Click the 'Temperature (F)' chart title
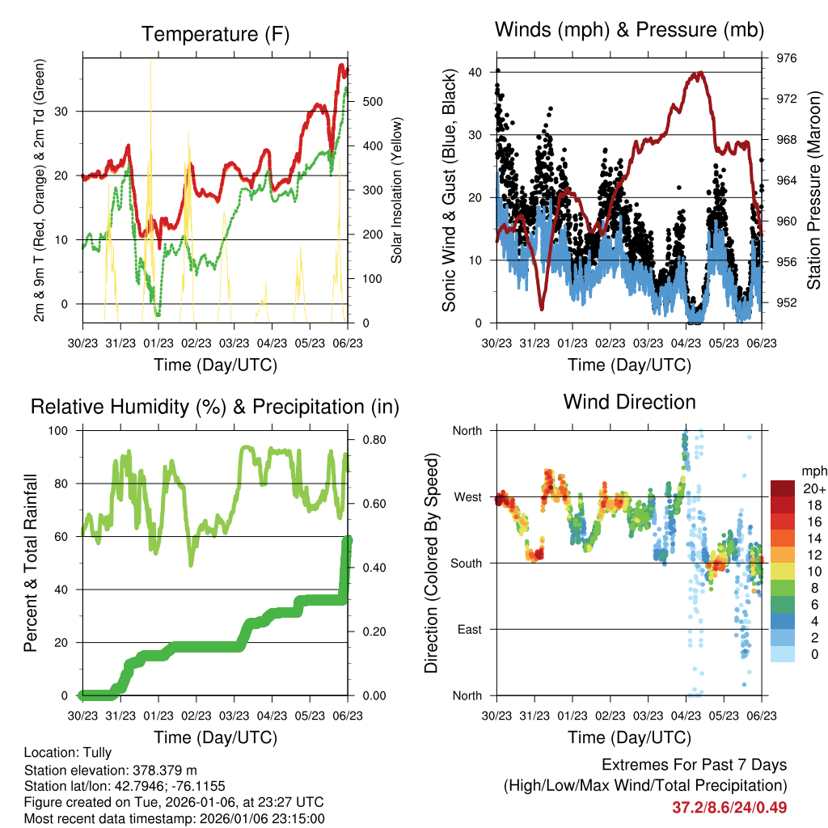coord(215,34)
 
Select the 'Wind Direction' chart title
coord(629,401)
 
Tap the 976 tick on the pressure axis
coord(787,58)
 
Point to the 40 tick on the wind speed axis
coord(475,72)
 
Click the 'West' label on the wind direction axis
coord(467,496)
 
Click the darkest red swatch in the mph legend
coord(782,488)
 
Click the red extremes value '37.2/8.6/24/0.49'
coord(729,807)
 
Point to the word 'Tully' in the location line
coord(96,752)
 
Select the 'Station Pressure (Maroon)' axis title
coord(814,190)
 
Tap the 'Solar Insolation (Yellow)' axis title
coord(397,190)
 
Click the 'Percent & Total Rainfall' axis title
coord(30,563)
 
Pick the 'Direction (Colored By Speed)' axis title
coord(431,563)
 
